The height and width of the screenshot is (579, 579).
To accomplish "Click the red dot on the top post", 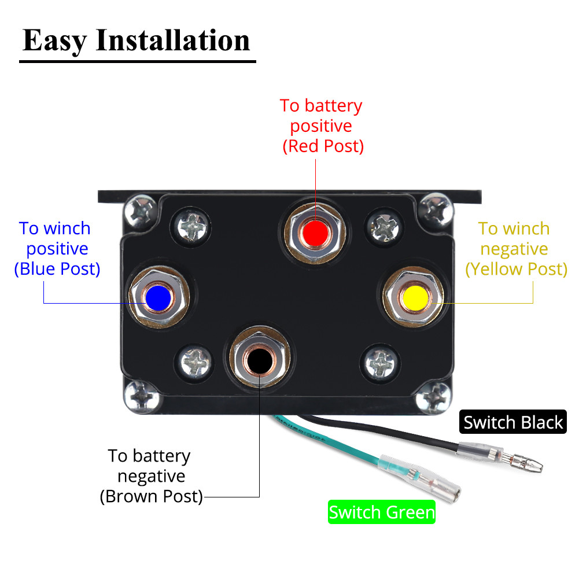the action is (315, 233).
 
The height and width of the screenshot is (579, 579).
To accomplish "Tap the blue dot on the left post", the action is (158, 298).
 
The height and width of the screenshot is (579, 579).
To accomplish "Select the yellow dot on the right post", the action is (415, 298).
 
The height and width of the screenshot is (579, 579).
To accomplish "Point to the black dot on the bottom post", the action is (259, 361).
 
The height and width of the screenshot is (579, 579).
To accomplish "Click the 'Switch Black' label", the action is (513, 422).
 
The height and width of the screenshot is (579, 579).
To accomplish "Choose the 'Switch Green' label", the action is (381, 512).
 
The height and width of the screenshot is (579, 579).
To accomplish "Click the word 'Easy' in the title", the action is (54, 40).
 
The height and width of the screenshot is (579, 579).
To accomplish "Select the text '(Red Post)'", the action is (323, 146).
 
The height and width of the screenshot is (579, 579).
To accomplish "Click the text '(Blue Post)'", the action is (57, 269).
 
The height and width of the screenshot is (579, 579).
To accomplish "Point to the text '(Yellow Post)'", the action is (516, 269).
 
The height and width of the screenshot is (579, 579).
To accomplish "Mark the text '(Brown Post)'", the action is (152, 496).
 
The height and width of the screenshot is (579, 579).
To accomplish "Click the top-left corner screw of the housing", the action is (141, 212).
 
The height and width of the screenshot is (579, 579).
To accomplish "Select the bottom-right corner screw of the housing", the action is (433, 399).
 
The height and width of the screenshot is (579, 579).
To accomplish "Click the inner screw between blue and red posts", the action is (191, 226).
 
